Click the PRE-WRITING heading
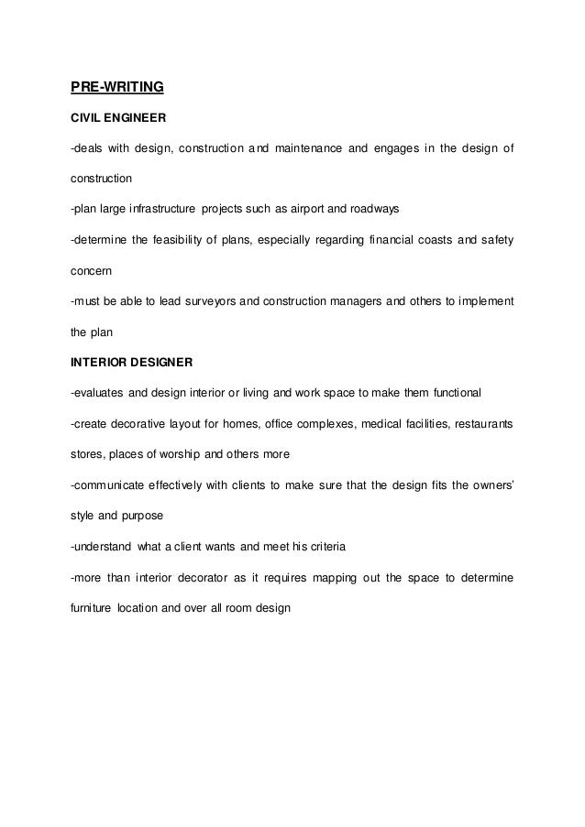tap(117, 88)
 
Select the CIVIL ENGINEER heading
tap(115, 119)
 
